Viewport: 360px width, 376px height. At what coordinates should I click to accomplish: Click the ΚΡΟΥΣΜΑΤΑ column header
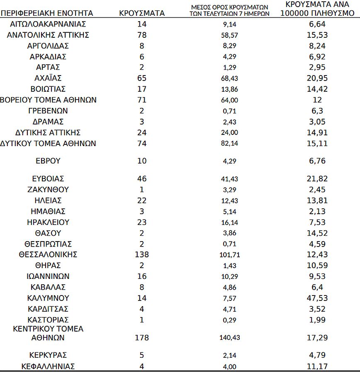click(142, 13)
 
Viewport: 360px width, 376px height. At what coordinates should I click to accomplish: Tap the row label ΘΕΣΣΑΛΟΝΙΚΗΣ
click(48, 254)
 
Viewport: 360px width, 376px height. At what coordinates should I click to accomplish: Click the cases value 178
click(142, 338)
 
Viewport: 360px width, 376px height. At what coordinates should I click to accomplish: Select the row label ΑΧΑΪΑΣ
click(48, 78)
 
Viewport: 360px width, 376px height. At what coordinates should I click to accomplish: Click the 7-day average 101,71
click(229, 255)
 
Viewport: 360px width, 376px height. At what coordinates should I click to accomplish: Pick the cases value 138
click(142, 254)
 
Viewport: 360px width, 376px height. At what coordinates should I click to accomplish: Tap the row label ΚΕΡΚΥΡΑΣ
click(48, 355)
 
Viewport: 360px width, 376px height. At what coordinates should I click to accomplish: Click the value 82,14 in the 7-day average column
click(229, 144)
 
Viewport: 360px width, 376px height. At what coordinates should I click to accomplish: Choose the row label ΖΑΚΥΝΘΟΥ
click(48, 190)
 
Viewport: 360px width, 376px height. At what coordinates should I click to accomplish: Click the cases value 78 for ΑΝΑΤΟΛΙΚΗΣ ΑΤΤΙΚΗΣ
click(142, 35)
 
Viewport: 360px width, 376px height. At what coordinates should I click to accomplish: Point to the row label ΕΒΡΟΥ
click(48, 161)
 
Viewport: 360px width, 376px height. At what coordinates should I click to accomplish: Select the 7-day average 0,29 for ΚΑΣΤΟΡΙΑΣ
click(229, 320)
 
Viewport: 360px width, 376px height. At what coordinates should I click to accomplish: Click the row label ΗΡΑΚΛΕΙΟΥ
click(48, 222)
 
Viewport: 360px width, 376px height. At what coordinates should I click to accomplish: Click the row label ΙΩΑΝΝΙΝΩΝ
click(48, 276)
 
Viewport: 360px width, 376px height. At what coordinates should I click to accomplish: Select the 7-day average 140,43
click(229, 338)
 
